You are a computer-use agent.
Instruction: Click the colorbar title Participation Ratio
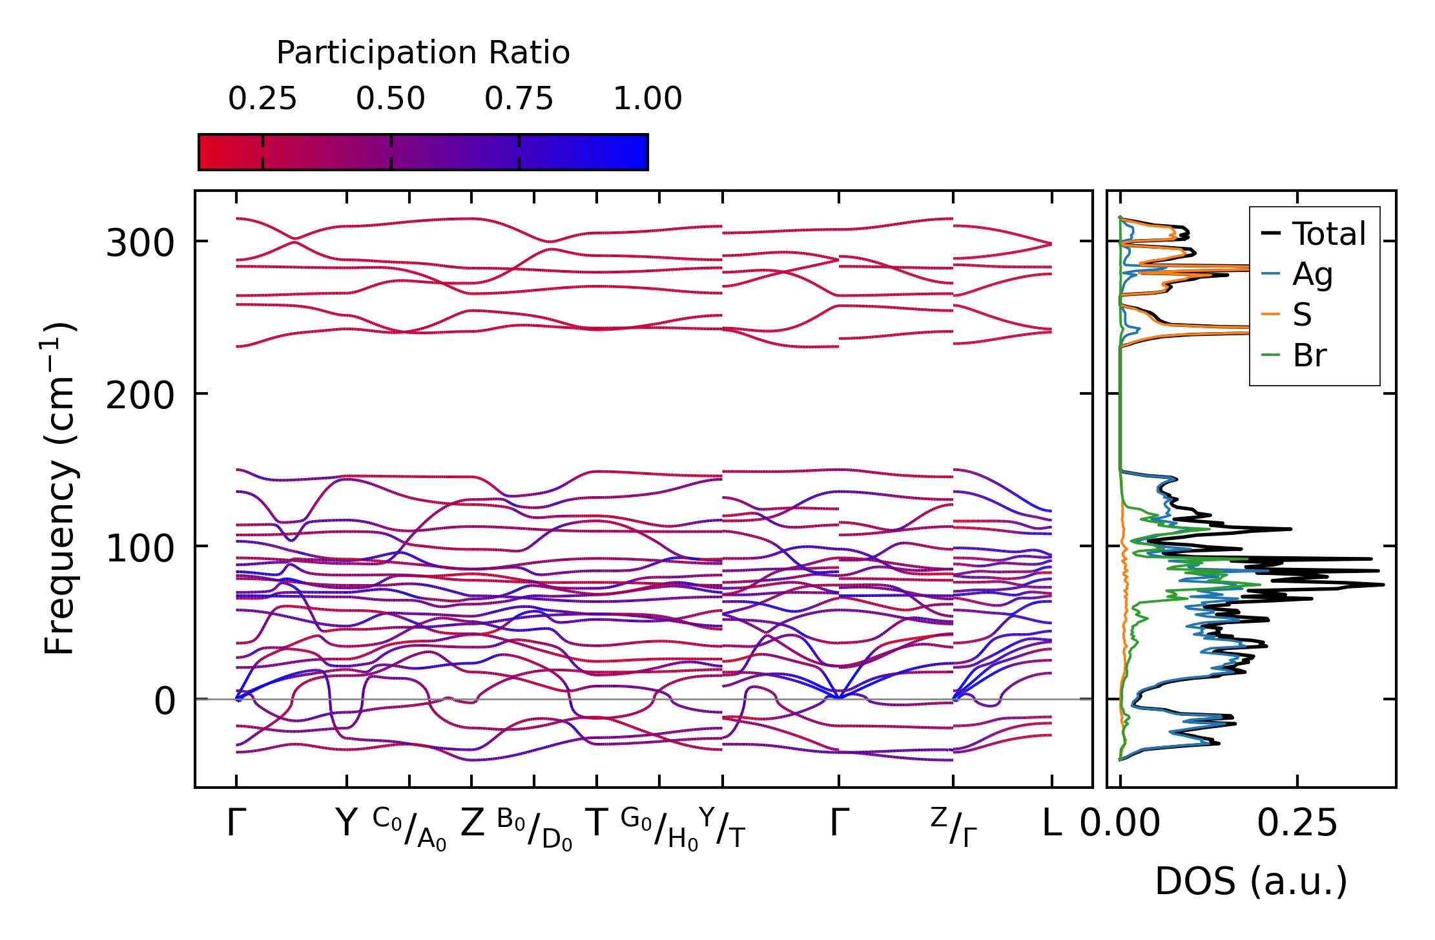point(423,53)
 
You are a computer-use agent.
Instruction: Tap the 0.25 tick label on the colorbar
point(262,99)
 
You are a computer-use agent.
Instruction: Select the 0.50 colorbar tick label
point(390,99)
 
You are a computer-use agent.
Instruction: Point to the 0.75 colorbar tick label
point(519,99)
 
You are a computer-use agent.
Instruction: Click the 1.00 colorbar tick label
point(647,99)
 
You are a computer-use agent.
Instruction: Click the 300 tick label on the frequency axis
point(140,244)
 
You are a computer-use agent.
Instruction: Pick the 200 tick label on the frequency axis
point(140,396)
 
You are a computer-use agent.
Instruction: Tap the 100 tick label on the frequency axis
point(140,549)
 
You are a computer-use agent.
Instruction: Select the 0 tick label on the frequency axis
point(164,702)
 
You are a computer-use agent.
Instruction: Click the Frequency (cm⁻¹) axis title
point(59,488)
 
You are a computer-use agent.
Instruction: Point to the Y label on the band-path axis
point(347,824)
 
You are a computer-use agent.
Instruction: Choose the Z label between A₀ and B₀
point(472,824)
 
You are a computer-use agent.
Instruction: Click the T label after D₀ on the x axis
point(597,824)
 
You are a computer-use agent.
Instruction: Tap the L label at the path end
point(1052,824)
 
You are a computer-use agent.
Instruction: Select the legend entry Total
point(1328,234)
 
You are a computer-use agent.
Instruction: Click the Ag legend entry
point(1312,275)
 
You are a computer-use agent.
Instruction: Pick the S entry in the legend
point(1302,315)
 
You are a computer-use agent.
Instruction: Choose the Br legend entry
point(1309,355)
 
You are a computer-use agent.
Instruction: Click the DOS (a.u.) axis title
point(1251,882)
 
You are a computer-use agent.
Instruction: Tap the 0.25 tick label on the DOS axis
point(1297,824)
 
